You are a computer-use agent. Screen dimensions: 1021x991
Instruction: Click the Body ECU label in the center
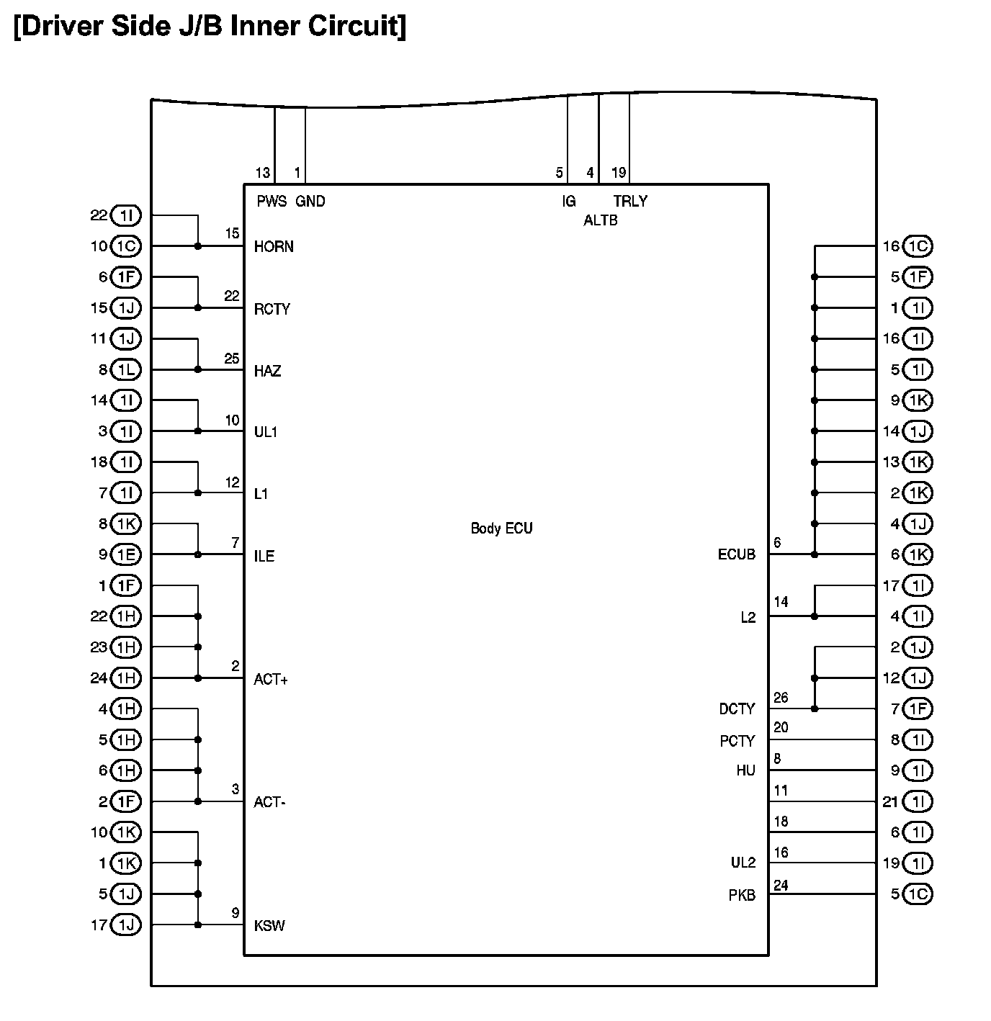click(501, 529)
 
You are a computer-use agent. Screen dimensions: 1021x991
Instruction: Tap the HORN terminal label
click(274, 247)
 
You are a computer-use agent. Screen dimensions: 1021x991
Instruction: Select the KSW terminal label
click(269, 926)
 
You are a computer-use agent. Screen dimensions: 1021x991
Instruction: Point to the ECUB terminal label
click(736, 555)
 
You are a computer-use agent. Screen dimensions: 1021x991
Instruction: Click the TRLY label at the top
click(630, 202)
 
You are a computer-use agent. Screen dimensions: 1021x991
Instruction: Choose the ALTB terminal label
click(600, 221)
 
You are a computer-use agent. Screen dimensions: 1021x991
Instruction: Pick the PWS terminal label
click(272, 202)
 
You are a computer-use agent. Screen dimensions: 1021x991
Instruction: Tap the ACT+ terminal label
click(271, 680)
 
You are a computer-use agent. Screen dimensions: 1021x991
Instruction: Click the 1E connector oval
click(126, 554)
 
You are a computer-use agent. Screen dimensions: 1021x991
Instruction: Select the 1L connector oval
click(126, 370)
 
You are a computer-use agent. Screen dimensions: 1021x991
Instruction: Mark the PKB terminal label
click(742, 896)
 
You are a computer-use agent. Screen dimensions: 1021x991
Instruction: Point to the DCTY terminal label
click(737, 709)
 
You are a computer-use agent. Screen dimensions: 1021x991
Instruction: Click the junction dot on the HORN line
click(198, 246)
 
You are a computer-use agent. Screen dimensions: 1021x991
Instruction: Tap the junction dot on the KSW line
click(198, 925)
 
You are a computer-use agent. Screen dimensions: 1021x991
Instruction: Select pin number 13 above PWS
click(262, 173)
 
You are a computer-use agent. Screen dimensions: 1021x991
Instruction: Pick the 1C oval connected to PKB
click(917, 894)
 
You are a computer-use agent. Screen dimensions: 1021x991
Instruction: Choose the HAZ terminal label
click(267, 372)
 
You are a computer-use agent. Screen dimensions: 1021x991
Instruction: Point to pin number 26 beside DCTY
click(781, 698)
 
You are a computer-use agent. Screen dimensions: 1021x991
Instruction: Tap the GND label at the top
click(310, 202)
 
